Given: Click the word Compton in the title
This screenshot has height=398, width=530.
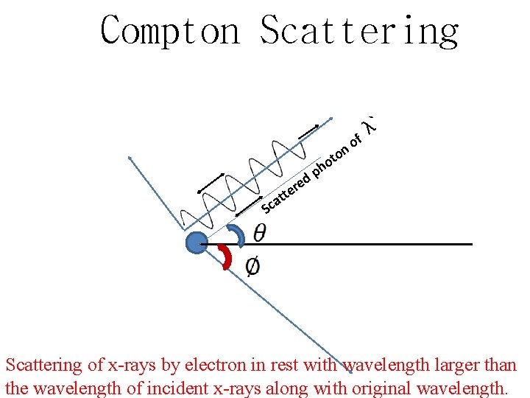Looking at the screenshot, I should (170, 31).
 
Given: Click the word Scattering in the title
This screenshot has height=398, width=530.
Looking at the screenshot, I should (359, 31).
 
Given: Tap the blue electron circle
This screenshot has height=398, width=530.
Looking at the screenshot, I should (197, 242).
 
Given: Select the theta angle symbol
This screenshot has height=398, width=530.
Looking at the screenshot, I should (260, 232).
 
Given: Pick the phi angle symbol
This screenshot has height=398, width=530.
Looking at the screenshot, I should (252, 265).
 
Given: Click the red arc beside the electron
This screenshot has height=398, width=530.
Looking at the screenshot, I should (226, 258).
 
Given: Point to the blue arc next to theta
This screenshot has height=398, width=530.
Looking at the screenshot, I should (236, 234).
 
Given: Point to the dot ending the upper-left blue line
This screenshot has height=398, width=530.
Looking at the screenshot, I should (130, 158).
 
